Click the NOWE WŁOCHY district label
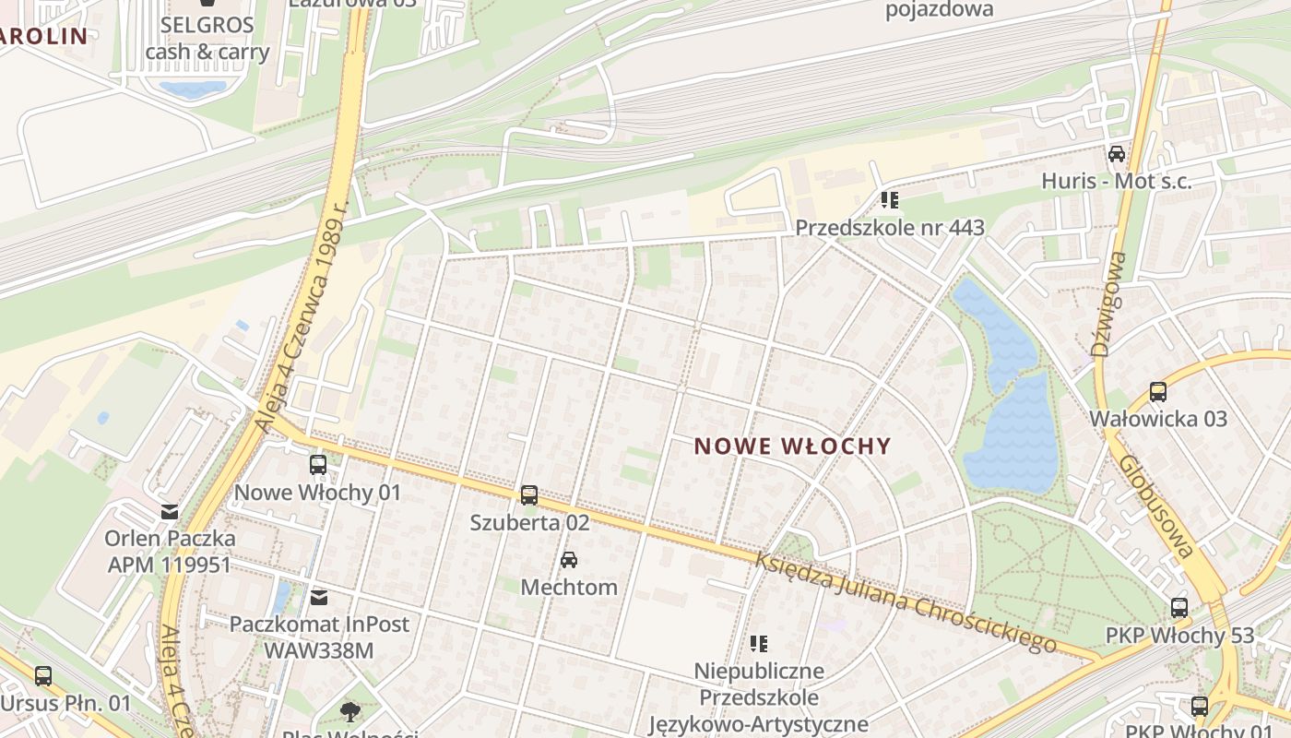793,446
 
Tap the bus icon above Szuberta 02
528,495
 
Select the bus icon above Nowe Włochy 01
318,465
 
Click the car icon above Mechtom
569,560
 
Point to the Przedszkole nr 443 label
890,227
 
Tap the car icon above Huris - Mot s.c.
1117,154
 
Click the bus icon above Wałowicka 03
1158,392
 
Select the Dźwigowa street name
1108,304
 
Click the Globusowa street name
1158,506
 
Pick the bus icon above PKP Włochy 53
1179,608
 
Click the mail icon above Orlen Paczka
170,511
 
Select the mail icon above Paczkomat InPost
319,598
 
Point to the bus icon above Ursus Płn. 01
43,676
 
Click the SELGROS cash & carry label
207,38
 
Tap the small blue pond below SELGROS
193,89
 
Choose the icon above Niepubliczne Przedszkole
759,643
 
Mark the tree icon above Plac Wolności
349,711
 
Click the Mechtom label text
569,587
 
